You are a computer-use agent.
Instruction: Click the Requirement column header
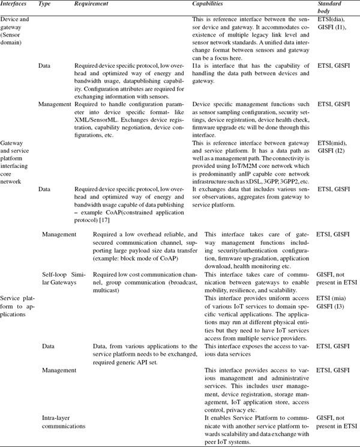pyautogui.click(x=90, y=5)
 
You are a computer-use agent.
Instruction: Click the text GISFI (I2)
pyautogui.click(x=332, y=151)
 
